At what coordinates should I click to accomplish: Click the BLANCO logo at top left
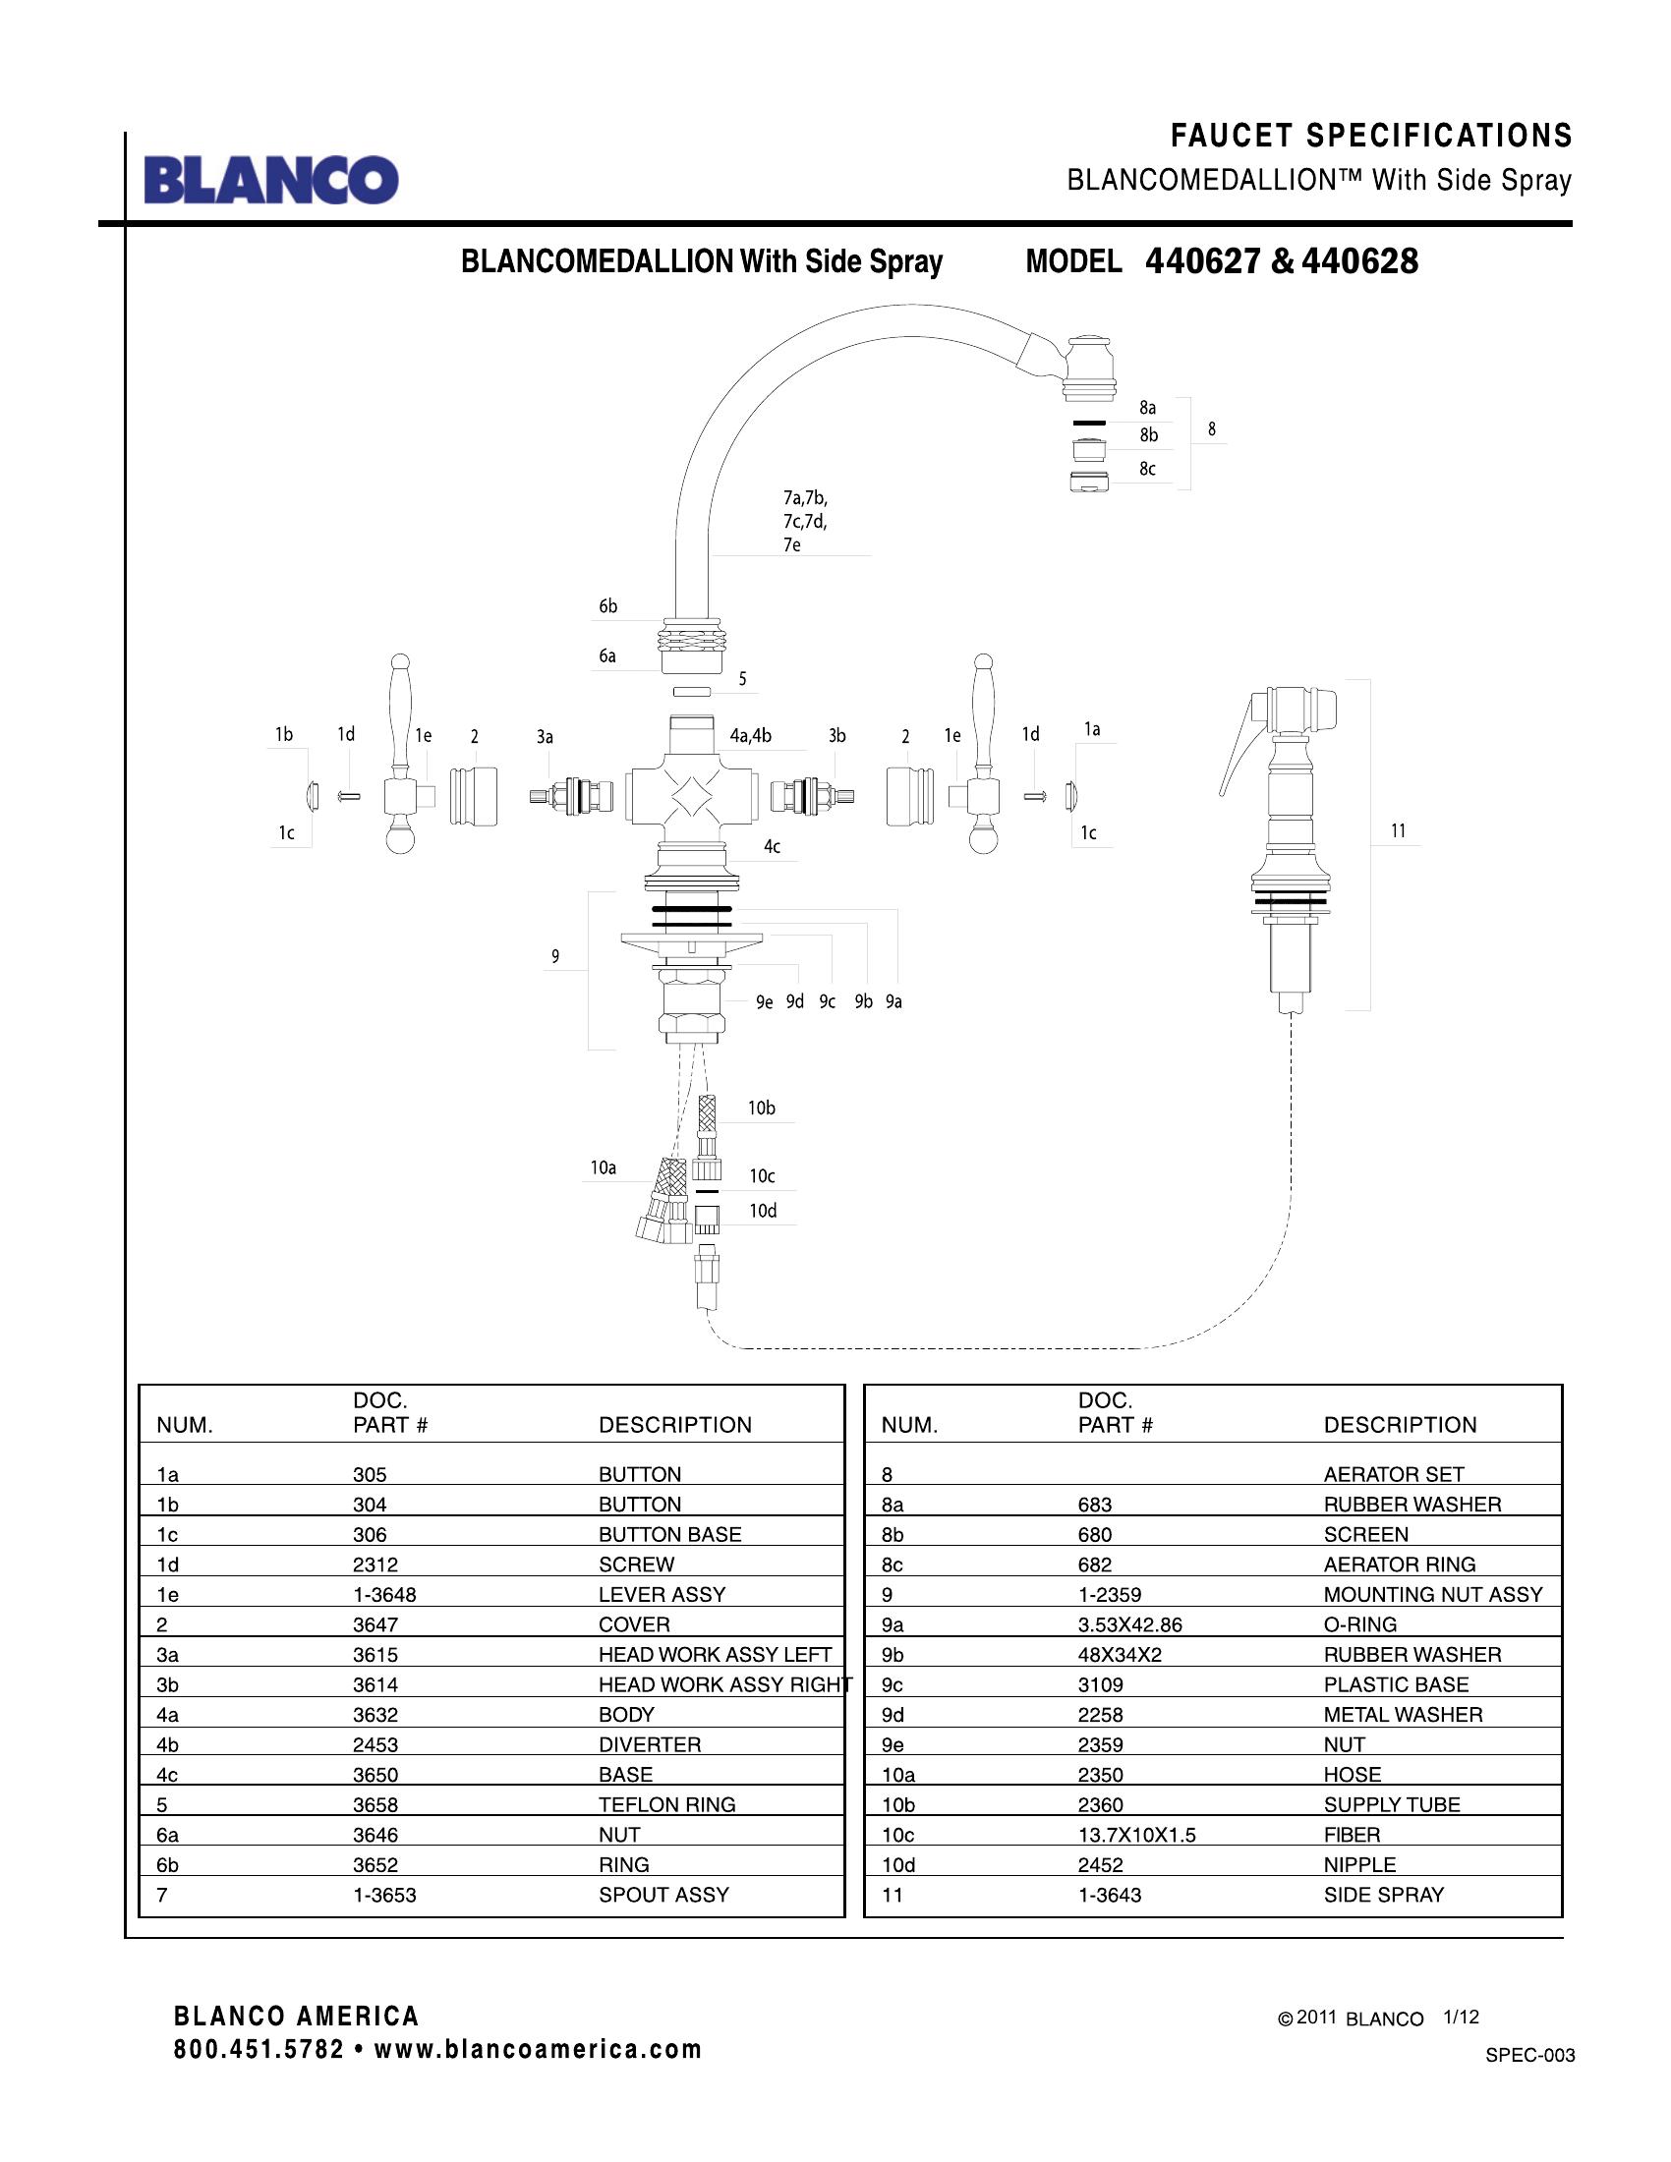[x=271, y=180]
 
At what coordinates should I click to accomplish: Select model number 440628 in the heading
[x=1360, y=261]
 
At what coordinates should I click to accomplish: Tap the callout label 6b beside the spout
[x=607, y=606]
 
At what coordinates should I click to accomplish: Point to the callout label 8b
[x=1148, y=435]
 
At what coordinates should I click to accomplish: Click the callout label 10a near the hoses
[x=603, y=1168]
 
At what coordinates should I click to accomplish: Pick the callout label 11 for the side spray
[x=1398, y=831]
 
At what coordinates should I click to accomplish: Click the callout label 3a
[x=545, y=736]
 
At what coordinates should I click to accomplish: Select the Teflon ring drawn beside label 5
[x=691, y=691]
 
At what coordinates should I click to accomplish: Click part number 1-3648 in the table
[x=384, y=1595]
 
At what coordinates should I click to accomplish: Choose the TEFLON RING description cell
[x=666, y=1804]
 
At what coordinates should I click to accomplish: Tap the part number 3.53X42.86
[x=1129, y=1624]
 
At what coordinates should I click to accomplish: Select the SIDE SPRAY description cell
[x=1383, y=1895]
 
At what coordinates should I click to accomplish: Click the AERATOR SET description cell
[x=1393, y=1475]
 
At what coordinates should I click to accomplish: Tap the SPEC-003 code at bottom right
[x=1529, y=2055]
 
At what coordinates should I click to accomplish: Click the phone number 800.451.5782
[x=259, y=2049]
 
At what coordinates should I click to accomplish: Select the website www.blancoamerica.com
[x=538, y=2049]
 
